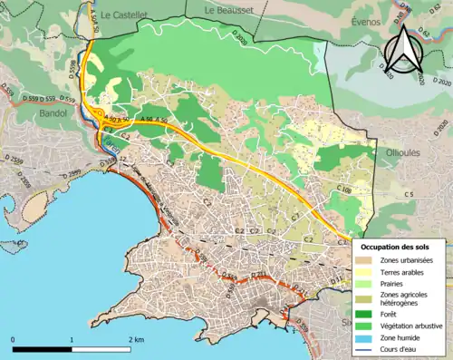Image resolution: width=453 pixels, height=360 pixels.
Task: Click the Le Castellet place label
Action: click(117, 15)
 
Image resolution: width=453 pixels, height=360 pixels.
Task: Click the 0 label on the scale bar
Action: click(13, 339)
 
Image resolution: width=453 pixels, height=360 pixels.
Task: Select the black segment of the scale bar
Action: click(42, 348)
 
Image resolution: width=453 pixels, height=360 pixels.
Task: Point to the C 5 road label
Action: click(409, 195)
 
